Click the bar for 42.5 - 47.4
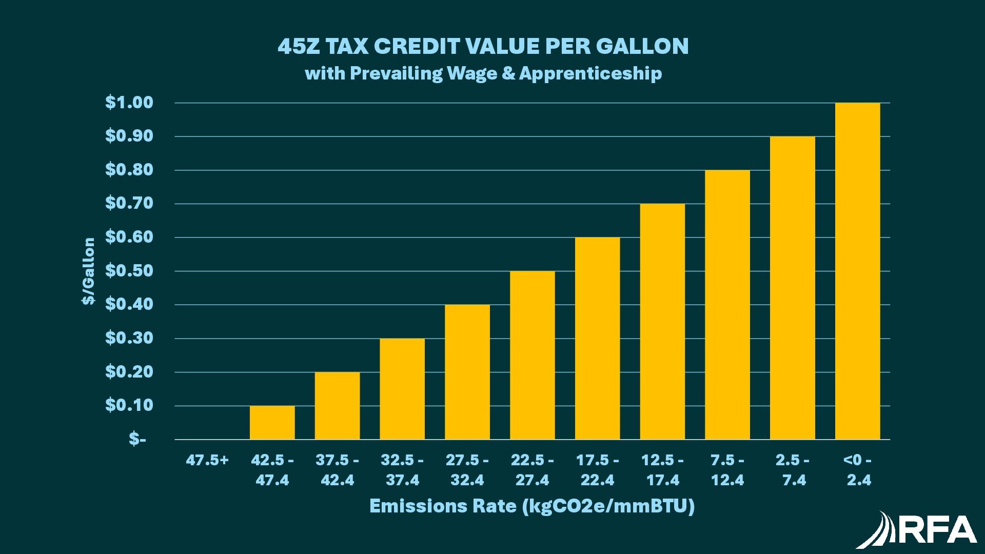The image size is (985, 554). pyautogui.click(x=272, y=423)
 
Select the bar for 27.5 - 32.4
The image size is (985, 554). pyautogui.click(x=467, y=372)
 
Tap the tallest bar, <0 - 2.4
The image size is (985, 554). pyautogui.click(x=857, y=271)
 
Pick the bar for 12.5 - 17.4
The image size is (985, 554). pyautogui.click(x=662, y=322)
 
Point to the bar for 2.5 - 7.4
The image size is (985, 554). pyautogui.click(x=793, y=288)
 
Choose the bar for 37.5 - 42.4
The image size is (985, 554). pyautogui.click(x=337, y=406)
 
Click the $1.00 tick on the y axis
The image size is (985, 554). pyautogui.click(x=129, y=103)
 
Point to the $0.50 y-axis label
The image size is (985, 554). pyautogui.click(x=129, y=271)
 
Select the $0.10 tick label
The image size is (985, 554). pyautogui.click(x=129, y=406)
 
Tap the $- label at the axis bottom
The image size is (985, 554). pyautogui.click(x=137, y=439)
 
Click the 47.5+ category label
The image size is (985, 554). pyautogui.click(x=207, y=460)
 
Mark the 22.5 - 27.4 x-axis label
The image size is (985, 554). pyautogui.click(x=532, y=470)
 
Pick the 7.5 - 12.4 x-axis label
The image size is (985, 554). pyautogui.click(x=727, y=470)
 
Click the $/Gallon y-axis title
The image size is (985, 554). pyautogui.click(x=89, y=271)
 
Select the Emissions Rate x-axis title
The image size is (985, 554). pyautogui.click(x=532, y=506)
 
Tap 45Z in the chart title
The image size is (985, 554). pyautogui.click(x=298, y=46)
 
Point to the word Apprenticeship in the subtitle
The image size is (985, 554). pyautogui.click(x=590, y=73)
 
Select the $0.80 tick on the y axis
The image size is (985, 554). pyautogui.click(x=129, y=170)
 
